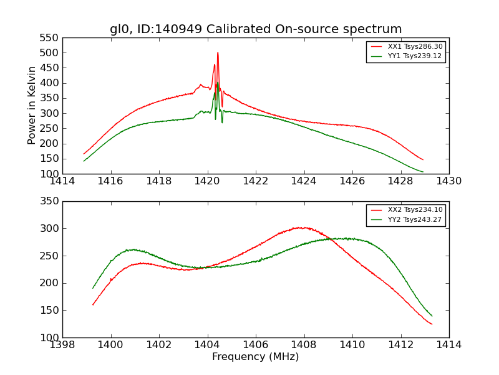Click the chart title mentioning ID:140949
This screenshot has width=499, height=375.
coord(256,29)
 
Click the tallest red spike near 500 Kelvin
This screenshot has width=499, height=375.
coord(218,52)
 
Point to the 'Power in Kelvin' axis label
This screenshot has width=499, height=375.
coord(32,105)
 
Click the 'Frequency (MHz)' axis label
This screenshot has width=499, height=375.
coord(256,357)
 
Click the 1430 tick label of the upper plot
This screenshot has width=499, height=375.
coord(448,181)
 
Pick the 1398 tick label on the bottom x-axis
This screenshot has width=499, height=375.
coord(63,345)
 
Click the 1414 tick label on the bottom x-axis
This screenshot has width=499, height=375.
coord(448,345)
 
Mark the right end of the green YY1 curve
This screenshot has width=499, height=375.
coord(422,172)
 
